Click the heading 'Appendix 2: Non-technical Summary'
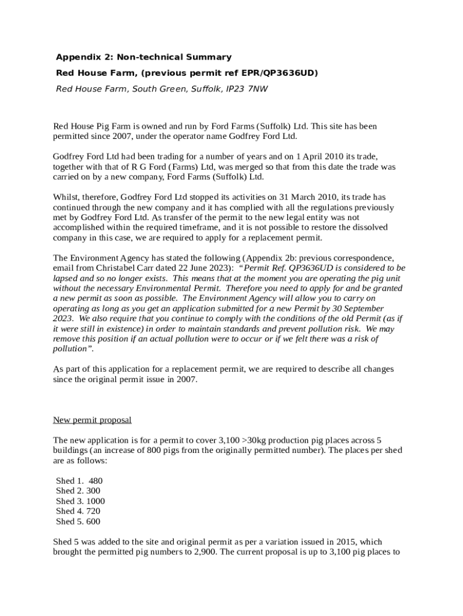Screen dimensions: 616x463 143,57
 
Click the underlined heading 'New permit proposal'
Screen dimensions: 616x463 92,420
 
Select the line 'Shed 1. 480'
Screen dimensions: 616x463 79,481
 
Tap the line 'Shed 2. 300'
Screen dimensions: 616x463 78,491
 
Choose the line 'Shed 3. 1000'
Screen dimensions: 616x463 80,501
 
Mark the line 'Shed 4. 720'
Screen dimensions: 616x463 78,511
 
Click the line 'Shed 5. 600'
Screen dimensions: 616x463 78,522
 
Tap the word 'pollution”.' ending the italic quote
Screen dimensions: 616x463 73,349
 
